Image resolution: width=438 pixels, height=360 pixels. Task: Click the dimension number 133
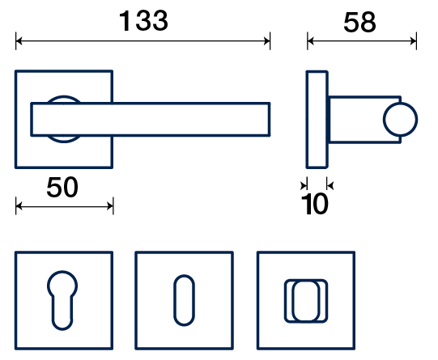click(143, 21)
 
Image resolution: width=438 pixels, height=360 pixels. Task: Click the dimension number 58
click(359, 23)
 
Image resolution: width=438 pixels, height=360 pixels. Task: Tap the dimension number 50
click(62, 187)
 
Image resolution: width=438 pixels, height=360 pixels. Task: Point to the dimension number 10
click(314, 204)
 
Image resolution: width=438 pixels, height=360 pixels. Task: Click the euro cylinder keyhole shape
click(62, 300)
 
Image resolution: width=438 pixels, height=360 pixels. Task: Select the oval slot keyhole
click(184, 300)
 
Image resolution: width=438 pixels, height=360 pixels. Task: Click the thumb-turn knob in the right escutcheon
click(306, 301)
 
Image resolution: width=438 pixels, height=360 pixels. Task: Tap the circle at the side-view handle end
click(400, 120)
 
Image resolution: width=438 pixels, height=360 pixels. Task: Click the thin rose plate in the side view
click(317, 120)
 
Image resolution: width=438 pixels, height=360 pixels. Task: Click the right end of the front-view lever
click(270, 120)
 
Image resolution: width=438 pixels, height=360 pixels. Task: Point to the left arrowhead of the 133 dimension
click(19, 41)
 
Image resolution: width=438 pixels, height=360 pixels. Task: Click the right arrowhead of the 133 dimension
click(266, 41)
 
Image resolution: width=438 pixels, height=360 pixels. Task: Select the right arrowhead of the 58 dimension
click(413, 41)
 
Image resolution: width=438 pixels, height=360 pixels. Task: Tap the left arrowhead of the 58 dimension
click(311, 41)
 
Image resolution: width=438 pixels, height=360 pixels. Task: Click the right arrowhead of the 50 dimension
click(110, 206)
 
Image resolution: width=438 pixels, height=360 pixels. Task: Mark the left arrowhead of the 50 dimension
click(19, 206)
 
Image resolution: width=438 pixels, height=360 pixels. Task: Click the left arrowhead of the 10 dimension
click(304, 185)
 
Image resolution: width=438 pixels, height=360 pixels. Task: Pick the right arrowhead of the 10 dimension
click(330, 185)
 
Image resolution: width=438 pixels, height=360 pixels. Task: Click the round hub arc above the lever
click(64, 97)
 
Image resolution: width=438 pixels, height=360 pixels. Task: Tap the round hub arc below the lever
click(64, 142)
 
